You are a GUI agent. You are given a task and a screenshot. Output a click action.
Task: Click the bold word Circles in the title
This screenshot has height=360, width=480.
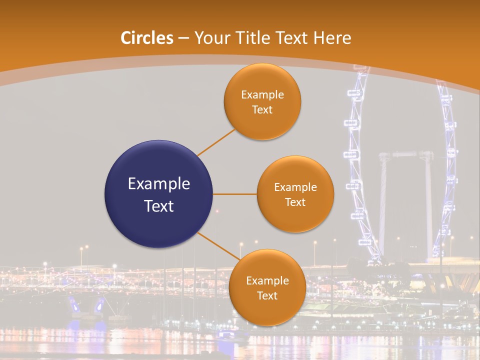pyautogui.click(x=147, y=38)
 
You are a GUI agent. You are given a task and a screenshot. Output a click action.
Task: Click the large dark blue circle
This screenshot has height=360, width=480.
pyautogui.click(x=159, y=194)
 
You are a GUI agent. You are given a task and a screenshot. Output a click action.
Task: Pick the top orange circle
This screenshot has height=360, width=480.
pyautogui.click(x=262, y=101)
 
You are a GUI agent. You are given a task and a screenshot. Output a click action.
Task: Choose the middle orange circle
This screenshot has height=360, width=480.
pyautogui.click(x=295, y=194)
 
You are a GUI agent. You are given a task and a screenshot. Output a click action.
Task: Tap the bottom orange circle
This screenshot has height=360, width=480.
pyautogui.click(x=267, y=287)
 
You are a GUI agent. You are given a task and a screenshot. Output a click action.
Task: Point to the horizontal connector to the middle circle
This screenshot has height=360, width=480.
pyautogui.click(x=235, y=194)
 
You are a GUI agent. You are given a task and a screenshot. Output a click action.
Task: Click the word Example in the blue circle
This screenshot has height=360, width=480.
pyautogui.click(x=159, y=184)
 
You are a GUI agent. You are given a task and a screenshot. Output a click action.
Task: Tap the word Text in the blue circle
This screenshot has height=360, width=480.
pyautogui.click(x=159, y=206)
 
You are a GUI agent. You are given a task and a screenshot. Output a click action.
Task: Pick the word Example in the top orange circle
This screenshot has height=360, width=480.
pyautogui.click(x=262, y=94)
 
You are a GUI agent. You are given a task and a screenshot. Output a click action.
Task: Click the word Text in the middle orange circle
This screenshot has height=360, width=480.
pyautogui.click(x=295, y=202)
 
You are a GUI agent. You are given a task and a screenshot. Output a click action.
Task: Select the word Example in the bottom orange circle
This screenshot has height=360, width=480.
pyautogui.click(x=267, y=280)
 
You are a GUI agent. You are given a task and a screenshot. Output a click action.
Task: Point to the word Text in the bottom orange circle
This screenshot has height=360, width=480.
pyautogui.click(x=267, y=295)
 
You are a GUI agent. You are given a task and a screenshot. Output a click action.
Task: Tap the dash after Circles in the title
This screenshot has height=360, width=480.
pyautogui.click(x=183, y=38)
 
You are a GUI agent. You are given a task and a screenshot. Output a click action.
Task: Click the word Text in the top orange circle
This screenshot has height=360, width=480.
pyautogui.click(x=262, y=109)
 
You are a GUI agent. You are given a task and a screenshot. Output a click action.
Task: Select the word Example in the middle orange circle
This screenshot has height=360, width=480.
pyautogui.click(x=295, y=187)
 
